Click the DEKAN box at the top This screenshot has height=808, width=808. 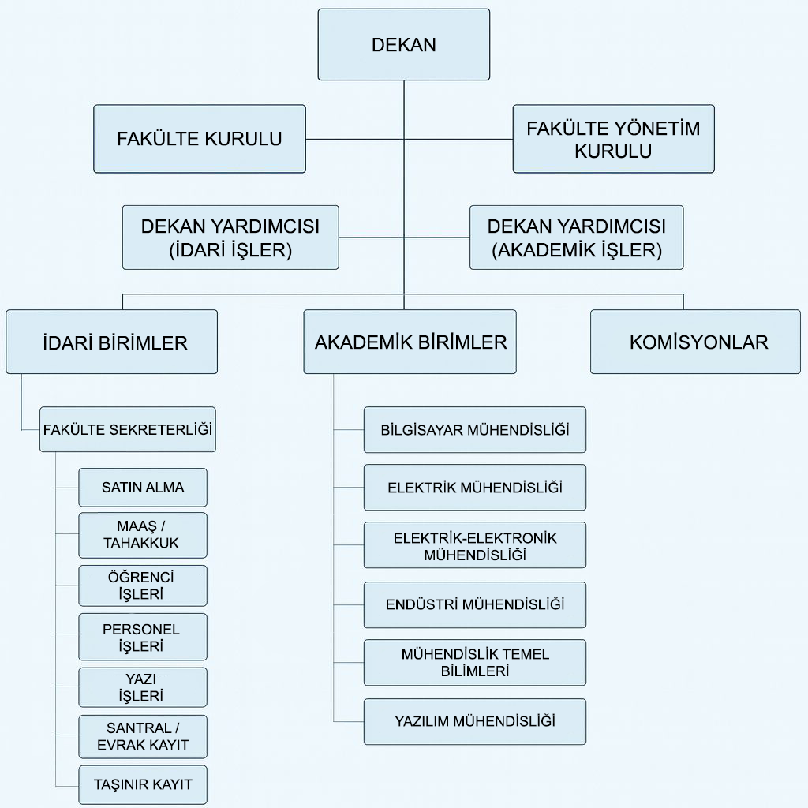pos(403,45)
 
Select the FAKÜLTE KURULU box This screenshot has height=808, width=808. pos(200,139)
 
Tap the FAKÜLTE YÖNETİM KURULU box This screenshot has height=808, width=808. pos(613,139)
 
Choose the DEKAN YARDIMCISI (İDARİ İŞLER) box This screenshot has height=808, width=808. pos(230,238)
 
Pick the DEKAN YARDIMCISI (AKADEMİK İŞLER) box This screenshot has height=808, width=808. pos(577,238)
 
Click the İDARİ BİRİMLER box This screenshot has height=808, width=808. pos(112,342)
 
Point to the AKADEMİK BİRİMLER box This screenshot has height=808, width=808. pos(410,342)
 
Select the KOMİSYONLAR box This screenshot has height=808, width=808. pos(696,342)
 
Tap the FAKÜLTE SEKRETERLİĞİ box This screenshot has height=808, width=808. pos(128,429)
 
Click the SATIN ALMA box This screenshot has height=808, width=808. pos(143,488)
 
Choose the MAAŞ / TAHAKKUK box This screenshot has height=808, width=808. pos(143,535)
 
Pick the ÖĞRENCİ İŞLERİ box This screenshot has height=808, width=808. pos(143,585)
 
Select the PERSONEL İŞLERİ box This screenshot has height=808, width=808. pos(143,637)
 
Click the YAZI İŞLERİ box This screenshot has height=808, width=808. pos(143,687)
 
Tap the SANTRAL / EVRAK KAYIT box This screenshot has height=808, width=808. pos(143,737)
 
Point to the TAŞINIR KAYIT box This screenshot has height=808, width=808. pos(143,785)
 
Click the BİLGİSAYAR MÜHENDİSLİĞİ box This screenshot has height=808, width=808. pos(474,430)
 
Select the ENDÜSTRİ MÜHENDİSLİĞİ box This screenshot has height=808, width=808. pos(474,605)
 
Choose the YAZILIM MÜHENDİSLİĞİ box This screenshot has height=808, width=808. pos(474,721)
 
